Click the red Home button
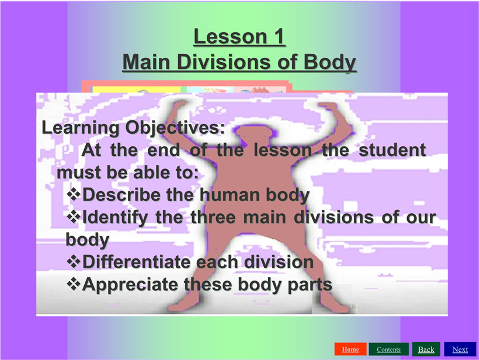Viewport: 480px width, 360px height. pos(350,349)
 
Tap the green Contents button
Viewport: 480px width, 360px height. pos(388,349)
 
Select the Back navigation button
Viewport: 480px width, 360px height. pos(426,349)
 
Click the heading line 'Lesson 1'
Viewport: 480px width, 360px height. pos(239,36)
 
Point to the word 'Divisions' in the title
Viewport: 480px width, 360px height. pos(225,62)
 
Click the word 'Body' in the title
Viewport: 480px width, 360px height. pos(330,63)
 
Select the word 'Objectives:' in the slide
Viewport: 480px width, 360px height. pos(175,128)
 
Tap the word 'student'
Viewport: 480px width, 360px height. pos(392,150)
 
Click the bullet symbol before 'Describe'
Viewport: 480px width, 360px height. pos(74,194)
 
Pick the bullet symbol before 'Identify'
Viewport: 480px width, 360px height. pos(74,216)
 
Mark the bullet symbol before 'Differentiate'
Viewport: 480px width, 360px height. pos(74,261)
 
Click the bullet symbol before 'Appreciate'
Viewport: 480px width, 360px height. pos(74,283)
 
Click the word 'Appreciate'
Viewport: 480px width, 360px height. pos(130,285)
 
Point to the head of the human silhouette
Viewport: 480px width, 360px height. pos(254,134)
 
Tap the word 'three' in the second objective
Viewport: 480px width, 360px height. pos(213,217)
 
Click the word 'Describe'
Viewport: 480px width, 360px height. pos(122,195)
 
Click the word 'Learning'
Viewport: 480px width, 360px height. pos(80,128)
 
